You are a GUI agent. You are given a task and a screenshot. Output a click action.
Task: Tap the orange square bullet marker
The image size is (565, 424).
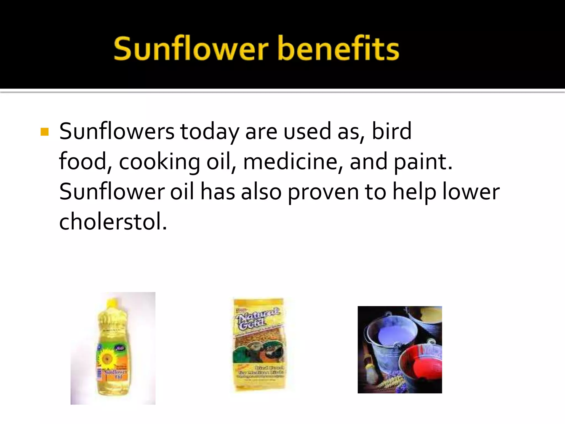click(x=44, y=132)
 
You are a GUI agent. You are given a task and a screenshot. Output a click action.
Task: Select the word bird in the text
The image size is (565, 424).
click(x=391, y=131)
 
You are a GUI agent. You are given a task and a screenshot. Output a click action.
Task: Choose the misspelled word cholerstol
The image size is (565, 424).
click(x=113, y=222)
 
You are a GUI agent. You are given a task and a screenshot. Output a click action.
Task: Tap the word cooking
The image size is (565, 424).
click(x=159, y=162)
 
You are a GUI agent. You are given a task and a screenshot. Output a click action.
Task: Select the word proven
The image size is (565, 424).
click(x=323, y=192)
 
